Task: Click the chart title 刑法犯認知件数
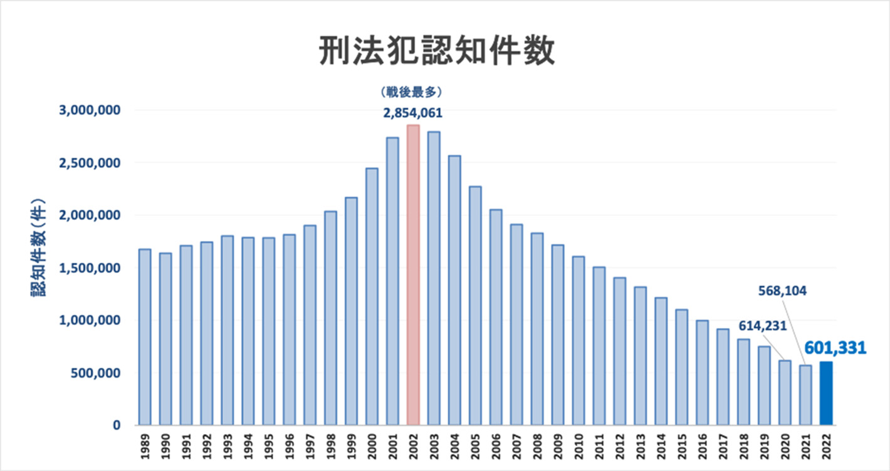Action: [437, 51]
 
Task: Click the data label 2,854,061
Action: [413, 113]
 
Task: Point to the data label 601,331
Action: [835, 348]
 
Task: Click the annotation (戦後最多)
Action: [412, 92]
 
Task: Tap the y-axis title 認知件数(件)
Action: [39, 251]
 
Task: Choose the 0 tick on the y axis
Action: [116, 426]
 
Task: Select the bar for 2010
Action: [578, 341]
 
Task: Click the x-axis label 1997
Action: [310, 446]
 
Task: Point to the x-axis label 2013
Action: [641, 446]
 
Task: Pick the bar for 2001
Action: [392, 281]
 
